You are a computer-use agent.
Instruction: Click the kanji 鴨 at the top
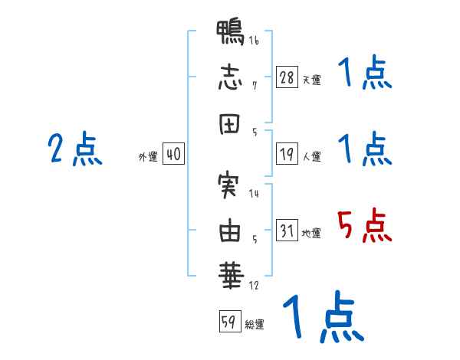[230, 32]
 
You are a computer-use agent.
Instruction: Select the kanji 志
[230, 77]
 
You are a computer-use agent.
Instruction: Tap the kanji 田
[229, 123]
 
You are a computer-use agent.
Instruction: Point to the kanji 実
[228, 185]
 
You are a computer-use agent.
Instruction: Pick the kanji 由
[230, 230]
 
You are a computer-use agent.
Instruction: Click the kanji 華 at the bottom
[231, 275]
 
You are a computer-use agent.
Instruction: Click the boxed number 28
[287, 77]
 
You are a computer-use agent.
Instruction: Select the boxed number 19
[287, 154]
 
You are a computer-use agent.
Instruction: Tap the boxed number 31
[287, 230]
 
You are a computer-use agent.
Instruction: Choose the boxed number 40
[173, 154]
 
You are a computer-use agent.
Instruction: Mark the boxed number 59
[230, 321]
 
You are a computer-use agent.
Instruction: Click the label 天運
[312, 80]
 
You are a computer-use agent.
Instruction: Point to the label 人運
[312, 156]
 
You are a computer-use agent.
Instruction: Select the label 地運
[311, 233]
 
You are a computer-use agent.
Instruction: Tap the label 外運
[148, 156]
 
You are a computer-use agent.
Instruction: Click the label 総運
[255, 324]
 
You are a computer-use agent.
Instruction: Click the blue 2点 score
[75, 149]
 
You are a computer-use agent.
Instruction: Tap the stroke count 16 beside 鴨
[254, 41]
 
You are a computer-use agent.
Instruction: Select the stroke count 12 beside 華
[254, 286]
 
